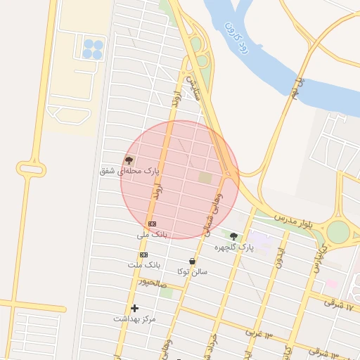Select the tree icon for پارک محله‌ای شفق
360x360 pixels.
(x=129, y=160)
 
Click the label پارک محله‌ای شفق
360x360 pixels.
(x=130, y=171)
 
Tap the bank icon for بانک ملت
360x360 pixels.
(x=144, y=255)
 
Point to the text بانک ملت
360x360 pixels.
(x=144, y=265)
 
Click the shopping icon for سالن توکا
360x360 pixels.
(x=192, y=261)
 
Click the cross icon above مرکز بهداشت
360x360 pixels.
(x=134, y=308)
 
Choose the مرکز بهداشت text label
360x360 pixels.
(x=135, y=319)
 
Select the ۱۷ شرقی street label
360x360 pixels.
(x=342, y=303)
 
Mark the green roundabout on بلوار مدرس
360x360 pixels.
(x=338, y=231)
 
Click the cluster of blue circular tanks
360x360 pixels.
(x=92, y=49)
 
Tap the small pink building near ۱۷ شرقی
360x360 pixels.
(x=331, y=284)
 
